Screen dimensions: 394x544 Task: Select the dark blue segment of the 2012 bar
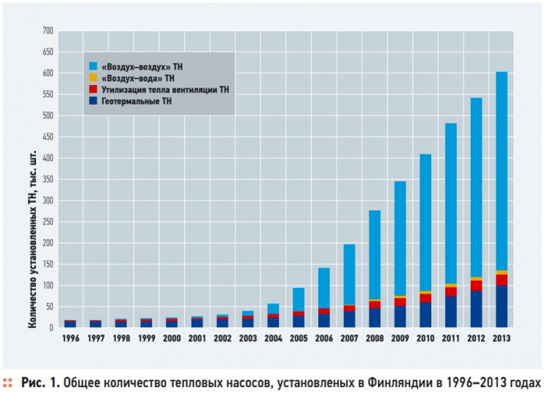475,309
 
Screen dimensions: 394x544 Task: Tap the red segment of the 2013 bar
500,280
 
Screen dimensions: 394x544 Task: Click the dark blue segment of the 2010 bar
425,314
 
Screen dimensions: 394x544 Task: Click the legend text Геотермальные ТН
136,101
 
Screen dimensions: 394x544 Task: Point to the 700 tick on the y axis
47,31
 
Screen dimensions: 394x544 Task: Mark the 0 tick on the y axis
50,328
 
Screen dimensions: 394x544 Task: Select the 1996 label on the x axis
70,338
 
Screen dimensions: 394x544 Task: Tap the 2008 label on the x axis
374,338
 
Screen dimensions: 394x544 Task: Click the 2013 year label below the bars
500,338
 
